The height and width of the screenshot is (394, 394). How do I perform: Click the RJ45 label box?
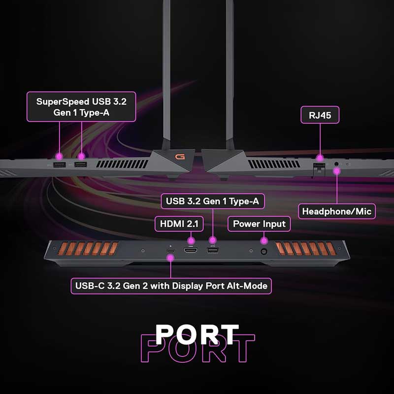point(320,115)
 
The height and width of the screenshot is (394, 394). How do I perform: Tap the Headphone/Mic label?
point(337,211)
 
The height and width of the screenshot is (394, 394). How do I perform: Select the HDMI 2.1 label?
point(179,224)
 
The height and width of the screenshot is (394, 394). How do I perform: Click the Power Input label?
point(259,224)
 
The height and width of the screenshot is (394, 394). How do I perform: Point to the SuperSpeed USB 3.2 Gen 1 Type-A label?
point(81,107)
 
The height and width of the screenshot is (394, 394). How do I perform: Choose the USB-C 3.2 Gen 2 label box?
point(171,286)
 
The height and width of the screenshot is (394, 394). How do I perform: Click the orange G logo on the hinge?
point(180,157)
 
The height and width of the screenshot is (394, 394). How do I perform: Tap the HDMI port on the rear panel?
point(191,251)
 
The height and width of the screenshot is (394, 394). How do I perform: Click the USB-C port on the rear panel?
point(171,251)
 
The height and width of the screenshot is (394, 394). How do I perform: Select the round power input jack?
point(263,251)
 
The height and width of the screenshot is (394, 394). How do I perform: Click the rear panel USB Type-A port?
point(213,251)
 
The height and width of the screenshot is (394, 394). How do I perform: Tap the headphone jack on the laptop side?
point(337,164)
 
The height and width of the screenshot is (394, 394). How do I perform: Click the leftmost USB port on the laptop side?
point(60,165)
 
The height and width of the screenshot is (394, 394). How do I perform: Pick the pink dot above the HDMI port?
point(191,241)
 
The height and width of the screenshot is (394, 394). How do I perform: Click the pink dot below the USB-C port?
point(171,258)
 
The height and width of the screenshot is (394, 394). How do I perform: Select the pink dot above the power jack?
point(263,241)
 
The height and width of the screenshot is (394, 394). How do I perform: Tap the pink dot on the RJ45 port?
point(320,158)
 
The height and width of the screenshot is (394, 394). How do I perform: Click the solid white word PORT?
point(197,334)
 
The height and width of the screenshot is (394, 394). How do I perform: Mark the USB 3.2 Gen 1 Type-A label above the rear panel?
point(213,201)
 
